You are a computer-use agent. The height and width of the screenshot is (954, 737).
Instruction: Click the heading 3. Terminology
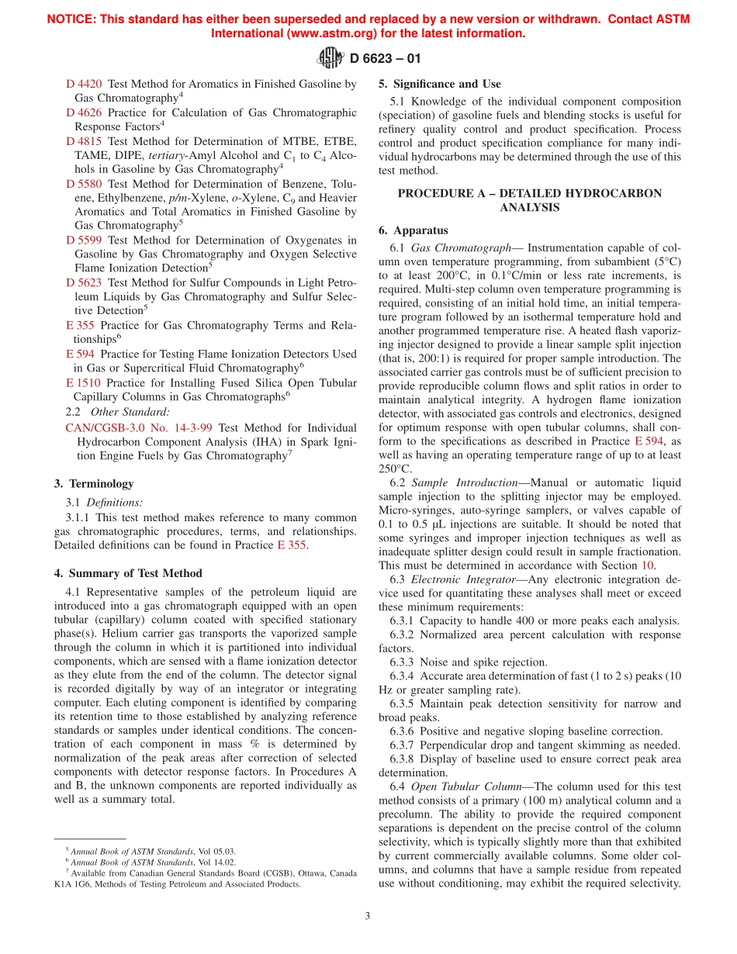(94, 483)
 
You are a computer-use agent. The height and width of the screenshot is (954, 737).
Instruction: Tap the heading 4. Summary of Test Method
(128, 573)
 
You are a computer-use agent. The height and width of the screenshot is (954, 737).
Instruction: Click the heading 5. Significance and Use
(439, 84)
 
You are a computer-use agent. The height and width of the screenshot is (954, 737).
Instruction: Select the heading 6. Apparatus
(413, 230)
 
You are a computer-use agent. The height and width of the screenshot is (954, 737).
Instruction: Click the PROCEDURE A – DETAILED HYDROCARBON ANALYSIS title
(530, 200)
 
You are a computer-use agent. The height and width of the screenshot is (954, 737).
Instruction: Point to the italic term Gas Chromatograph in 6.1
(461, 247)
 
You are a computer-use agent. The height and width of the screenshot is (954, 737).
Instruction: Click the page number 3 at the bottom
(368, 916)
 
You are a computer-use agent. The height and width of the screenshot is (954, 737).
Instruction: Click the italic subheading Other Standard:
(130, 412)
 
